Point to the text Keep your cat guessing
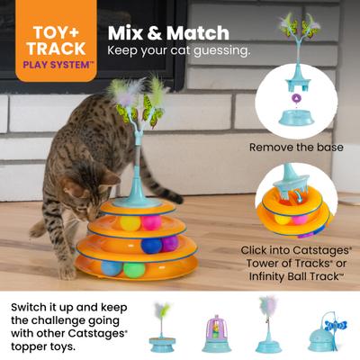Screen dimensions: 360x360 pos(178,50)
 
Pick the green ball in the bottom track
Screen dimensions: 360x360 pos(134,269)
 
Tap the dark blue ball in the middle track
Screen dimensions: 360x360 pos(151,244)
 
